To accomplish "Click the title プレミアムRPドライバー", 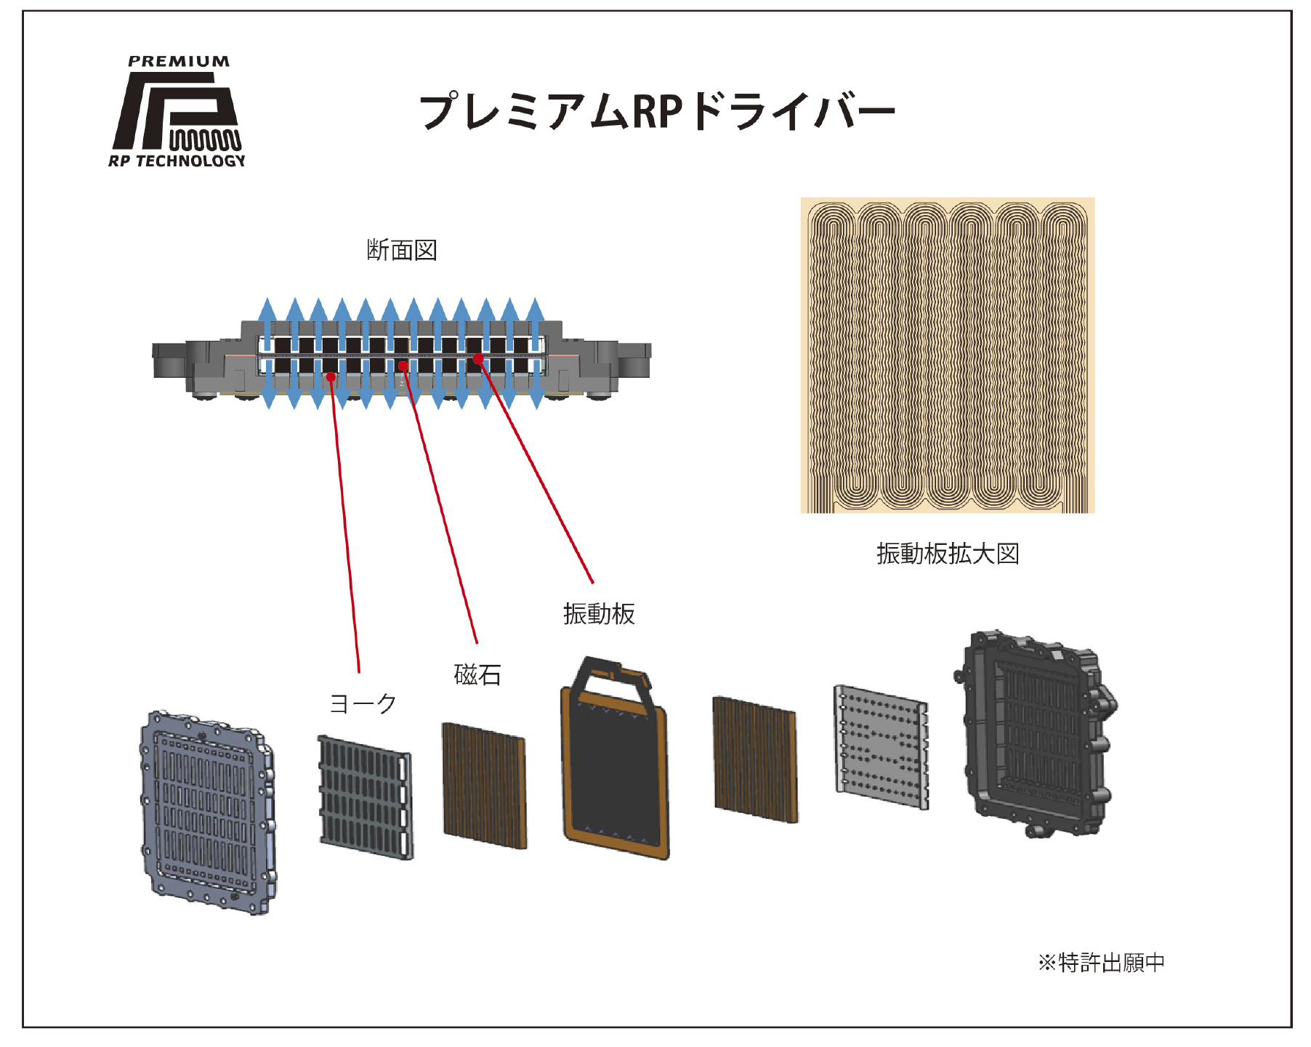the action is pos(657,111).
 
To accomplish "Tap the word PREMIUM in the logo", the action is pos(179,62).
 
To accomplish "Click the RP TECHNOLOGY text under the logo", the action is pos(177,161).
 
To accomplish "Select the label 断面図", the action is pos(401,250).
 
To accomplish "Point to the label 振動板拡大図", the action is pos(948,554).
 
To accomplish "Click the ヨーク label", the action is pos(363,703).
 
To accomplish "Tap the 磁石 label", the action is pos(477,675).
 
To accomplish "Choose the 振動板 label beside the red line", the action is pos(599,614).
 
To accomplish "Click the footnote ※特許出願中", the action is pos(1101,962).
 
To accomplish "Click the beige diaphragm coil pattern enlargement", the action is pos(948,355).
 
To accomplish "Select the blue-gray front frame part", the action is pos(208,812).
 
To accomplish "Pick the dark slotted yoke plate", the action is pos(366,798).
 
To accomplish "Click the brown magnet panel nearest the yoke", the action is pos(485,785).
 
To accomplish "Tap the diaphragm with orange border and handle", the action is pos(615,759).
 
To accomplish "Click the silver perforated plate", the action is pos(882,747).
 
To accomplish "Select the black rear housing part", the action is pos(1036,734).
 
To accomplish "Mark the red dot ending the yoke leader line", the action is pos(331,376).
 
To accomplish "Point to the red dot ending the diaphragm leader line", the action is pos(478,358).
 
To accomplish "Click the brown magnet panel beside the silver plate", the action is pos(756,759).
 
